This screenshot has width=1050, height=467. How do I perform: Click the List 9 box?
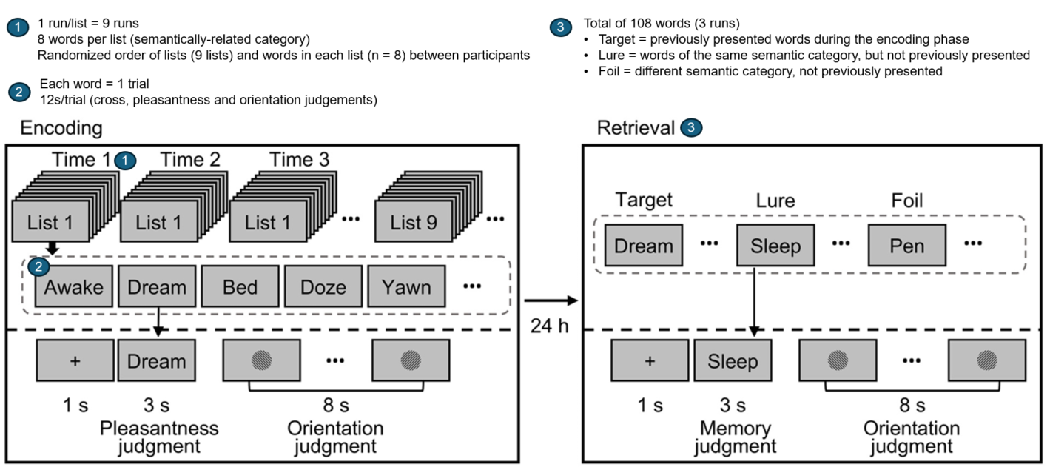[414, 222]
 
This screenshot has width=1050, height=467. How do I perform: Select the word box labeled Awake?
[73, 286]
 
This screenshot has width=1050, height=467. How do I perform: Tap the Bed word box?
[240, 286]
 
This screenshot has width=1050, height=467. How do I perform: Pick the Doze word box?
[323, 286]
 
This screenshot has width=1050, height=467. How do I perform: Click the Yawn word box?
[406, 286]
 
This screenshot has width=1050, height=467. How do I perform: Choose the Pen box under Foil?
[906, 246]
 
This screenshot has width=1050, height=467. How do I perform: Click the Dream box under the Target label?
[643, 246]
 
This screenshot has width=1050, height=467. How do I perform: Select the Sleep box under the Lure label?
[775, 246]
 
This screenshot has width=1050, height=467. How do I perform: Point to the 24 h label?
[549, 326]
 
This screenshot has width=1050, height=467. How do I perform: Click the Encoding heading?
[61, 128]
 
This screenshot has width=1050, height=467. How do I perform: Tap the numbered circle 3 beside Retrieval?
[690, 128]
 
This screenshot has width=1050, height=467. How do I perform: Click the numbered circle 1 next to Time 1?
[127, 160]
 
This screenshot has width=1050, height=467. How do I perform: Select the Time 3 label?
[300, 160]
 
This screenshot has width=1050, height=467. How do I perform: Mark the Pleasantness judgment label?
[159, 437]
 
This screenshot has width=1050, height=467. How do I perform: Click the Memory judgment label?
[735, 437]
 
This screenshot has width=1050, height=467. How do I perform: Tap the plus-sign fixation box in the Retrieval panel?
[650, 360]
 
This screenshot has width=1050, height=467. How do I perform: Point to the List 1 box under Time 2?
[158, 222]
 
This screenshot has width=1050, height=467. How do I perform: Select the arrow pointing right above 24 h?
[549, 300]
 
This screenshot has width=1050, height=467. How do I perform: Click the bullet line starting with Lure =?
[814, 56]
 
